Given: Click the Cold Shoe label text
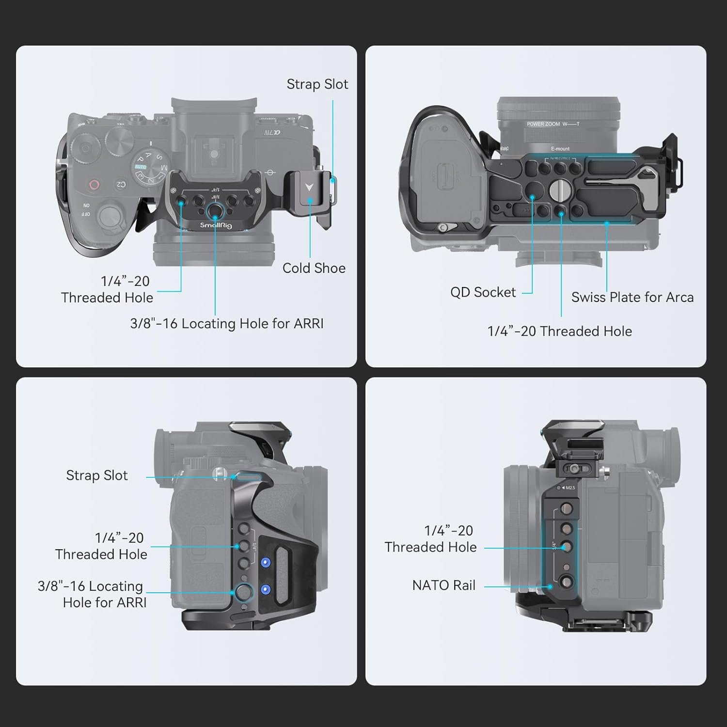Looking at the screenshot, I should pos(314,268).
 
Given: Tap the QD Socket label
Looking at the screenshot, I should pos(483,292).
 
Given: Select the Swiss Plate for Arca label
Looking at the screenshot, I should pos(632,297).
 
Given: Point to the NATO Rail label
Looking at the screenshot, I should pos(443,585).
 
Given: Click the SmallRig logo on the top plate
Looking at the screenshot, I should pos(216,225).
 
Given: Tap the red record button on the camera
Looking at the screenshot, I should pos(94,185).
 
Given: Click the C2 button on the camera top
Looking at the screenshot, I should pos(121,185).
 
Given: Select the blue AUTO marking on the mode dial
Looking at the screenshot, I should pos(141,167).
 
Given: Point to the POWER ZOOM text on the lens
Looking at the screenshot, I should pos(543,124).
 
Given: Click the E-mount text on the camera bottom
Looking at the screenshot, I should pos(560,149).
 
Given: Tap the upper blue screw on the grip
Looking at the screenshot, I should pos(265,562).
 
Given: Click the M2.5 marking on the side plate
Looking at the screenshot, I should pos(569,488).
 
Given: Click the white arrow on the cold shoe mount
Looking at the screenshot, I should pos(309,187).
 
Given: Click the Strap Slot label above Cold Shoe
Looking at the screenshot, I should pos(317,84).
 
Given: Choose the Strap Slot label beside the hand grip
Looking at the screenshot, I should pos(97,475).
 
